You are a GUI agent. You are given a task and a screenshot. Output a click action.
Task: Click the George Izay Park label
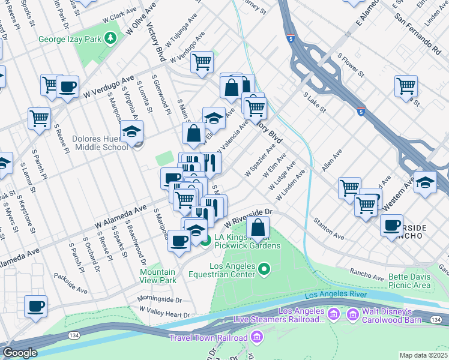pos(68,40)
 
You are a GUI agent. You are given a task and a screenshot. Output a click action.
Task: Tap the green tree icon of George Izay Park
pos(110,39)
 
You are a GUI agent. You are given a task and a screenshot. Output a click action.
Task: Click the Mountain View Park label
pos(158,276)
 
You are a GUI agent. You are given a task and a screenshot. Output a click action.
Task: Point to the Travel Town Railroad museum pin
pos(258,337)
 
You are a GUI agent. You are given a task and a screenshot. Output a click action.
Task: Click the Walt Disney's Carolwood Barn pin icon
pos(353,313)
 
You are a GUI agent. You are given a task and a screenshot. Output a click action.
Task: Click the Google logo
pos(20,352)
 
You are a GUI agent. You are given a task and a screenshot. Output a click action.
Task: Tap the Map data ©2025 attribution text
pos(423,355)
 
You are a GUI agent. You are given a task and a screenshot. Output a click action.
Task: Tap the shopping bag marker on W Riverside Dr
pos(258,227)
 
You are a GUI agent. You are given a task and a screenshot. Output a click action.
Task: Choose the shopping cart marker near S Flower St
pos(406,85)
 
